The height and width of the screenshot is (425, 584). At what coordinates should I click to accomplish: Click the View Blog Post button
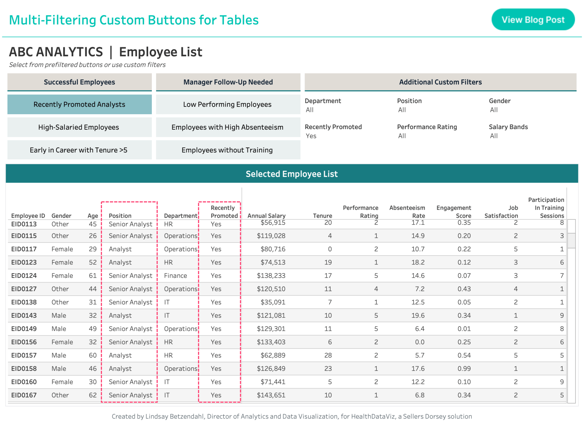[x=533, y=20]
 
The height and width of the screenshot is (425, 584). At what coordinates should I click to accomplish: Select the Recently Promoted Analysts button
[x=79, y=105]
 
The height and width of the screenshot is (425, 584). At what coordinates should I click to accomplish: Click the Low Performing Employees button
[x=227, y=105]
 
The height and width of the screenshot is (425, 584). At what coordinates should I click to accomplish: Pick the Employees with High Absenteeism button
[x=227, y=127]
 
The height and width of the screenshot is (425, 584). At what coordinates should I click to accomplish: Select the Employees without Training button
[x=227, y=150]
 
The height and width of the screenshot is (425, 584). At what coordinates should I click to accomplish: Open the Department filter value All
[x=310, y=110]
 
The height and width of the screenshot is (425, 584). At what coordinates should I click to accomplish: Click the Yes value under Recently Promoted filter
[x=311, y=136]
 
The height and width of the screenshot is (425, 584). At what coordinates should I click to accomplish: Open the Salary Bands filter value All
[x=494, y=136]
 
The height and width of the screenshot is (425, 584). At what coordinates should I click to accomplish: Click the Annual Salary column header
[x=266, y=216]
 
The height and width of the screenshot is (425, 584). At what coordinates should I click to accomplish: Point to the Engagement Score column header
[x=454, y=212]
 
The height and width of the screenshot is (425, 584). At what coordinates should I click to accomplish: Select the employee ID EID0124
[x=24, y=276]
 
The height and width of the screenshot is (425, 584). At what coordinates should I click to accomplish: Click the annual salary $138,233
[x=271, y=276]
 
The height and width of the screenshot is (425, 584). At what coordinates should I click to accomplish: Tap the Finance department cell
[x=176, y=276]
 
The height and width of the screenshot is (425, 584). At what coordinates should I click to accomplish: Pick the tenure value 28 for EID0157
[x=328, y=356]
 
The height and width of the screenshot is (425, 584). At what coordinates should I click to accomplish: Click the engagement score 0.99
[x=464, y=369]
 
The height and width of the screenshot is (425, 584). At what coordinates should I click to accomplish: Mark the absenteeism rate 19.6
[x=418, y=316]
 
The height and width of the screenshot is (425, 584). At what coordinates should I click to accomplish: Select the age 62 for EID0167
[x=93, y=395]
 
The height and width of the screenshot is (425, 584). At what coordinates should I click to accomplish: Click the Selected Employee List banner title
[x=292, y=174]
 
